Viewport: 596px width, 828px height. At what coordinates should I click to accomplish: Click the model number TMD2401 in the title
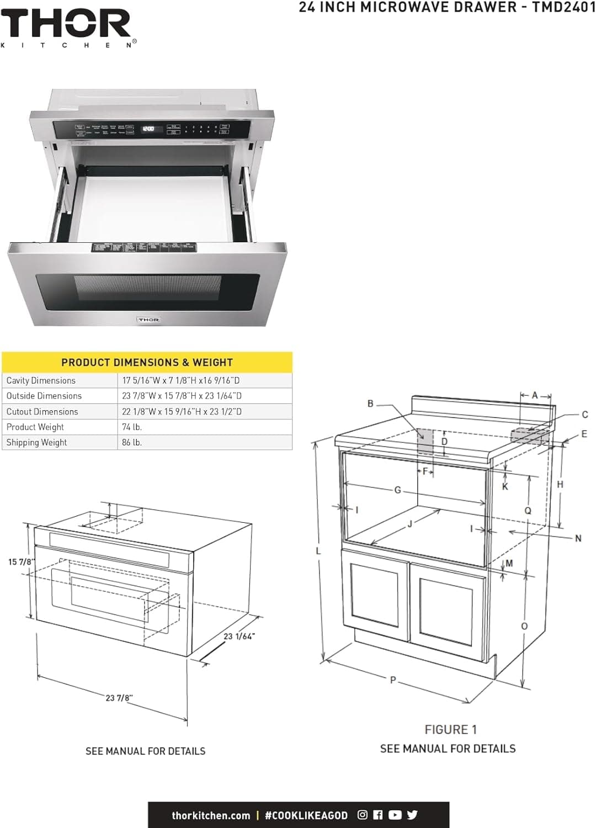(x=563, y=7)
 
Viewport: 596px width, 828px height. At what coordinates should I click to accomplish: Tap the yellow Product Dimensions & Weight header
(x=147, y=363)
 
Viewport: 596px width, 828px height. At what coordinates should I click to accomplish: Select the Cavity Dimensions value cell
(x=181, y=380)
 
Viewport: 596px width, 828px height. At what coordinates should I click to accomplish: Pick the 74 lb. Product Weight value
(x=132, y=427)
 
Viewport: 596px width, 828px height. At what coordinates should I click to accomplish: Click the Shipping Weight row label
(x=36, y=442)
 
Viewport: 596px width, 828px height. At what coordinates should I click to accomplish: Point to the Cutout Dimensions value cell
(x=182, y=411)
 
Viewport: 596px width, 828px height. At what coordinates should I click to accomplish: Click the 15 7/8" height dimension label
(x=21, y=562)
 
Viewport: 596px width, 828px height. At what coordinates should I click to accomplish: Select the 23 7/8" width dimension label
(x=119, y=698)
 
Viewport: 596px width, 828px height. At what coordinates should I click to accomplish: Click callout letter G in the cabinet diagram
(x=397, y=490)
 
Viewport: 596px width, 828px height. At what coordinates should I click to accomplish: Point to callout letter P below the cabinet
(x=393, y=680)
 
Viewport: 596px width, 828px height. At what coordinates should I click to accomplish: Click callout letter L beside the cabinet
(x=318, y=551)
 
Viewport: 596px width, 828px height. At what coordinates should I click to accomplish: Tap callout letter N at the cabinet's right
(x=578, y=538)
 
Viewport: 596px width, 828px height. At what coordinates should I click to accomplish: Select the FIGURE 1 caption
(x=450, y=730)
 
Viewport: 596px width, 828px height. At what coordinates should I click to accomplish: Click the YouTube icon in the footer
(x=395, y=815)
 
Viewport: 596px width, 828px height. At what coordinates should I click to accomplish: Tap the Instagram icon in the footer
(x=363, y=815)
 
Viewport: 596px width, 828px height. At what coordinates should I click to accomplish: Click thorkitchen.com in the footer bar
(x=211, y=815)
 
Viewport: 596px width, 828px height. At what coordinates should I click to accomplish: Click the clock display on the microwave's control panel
(x=148, y=129)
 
